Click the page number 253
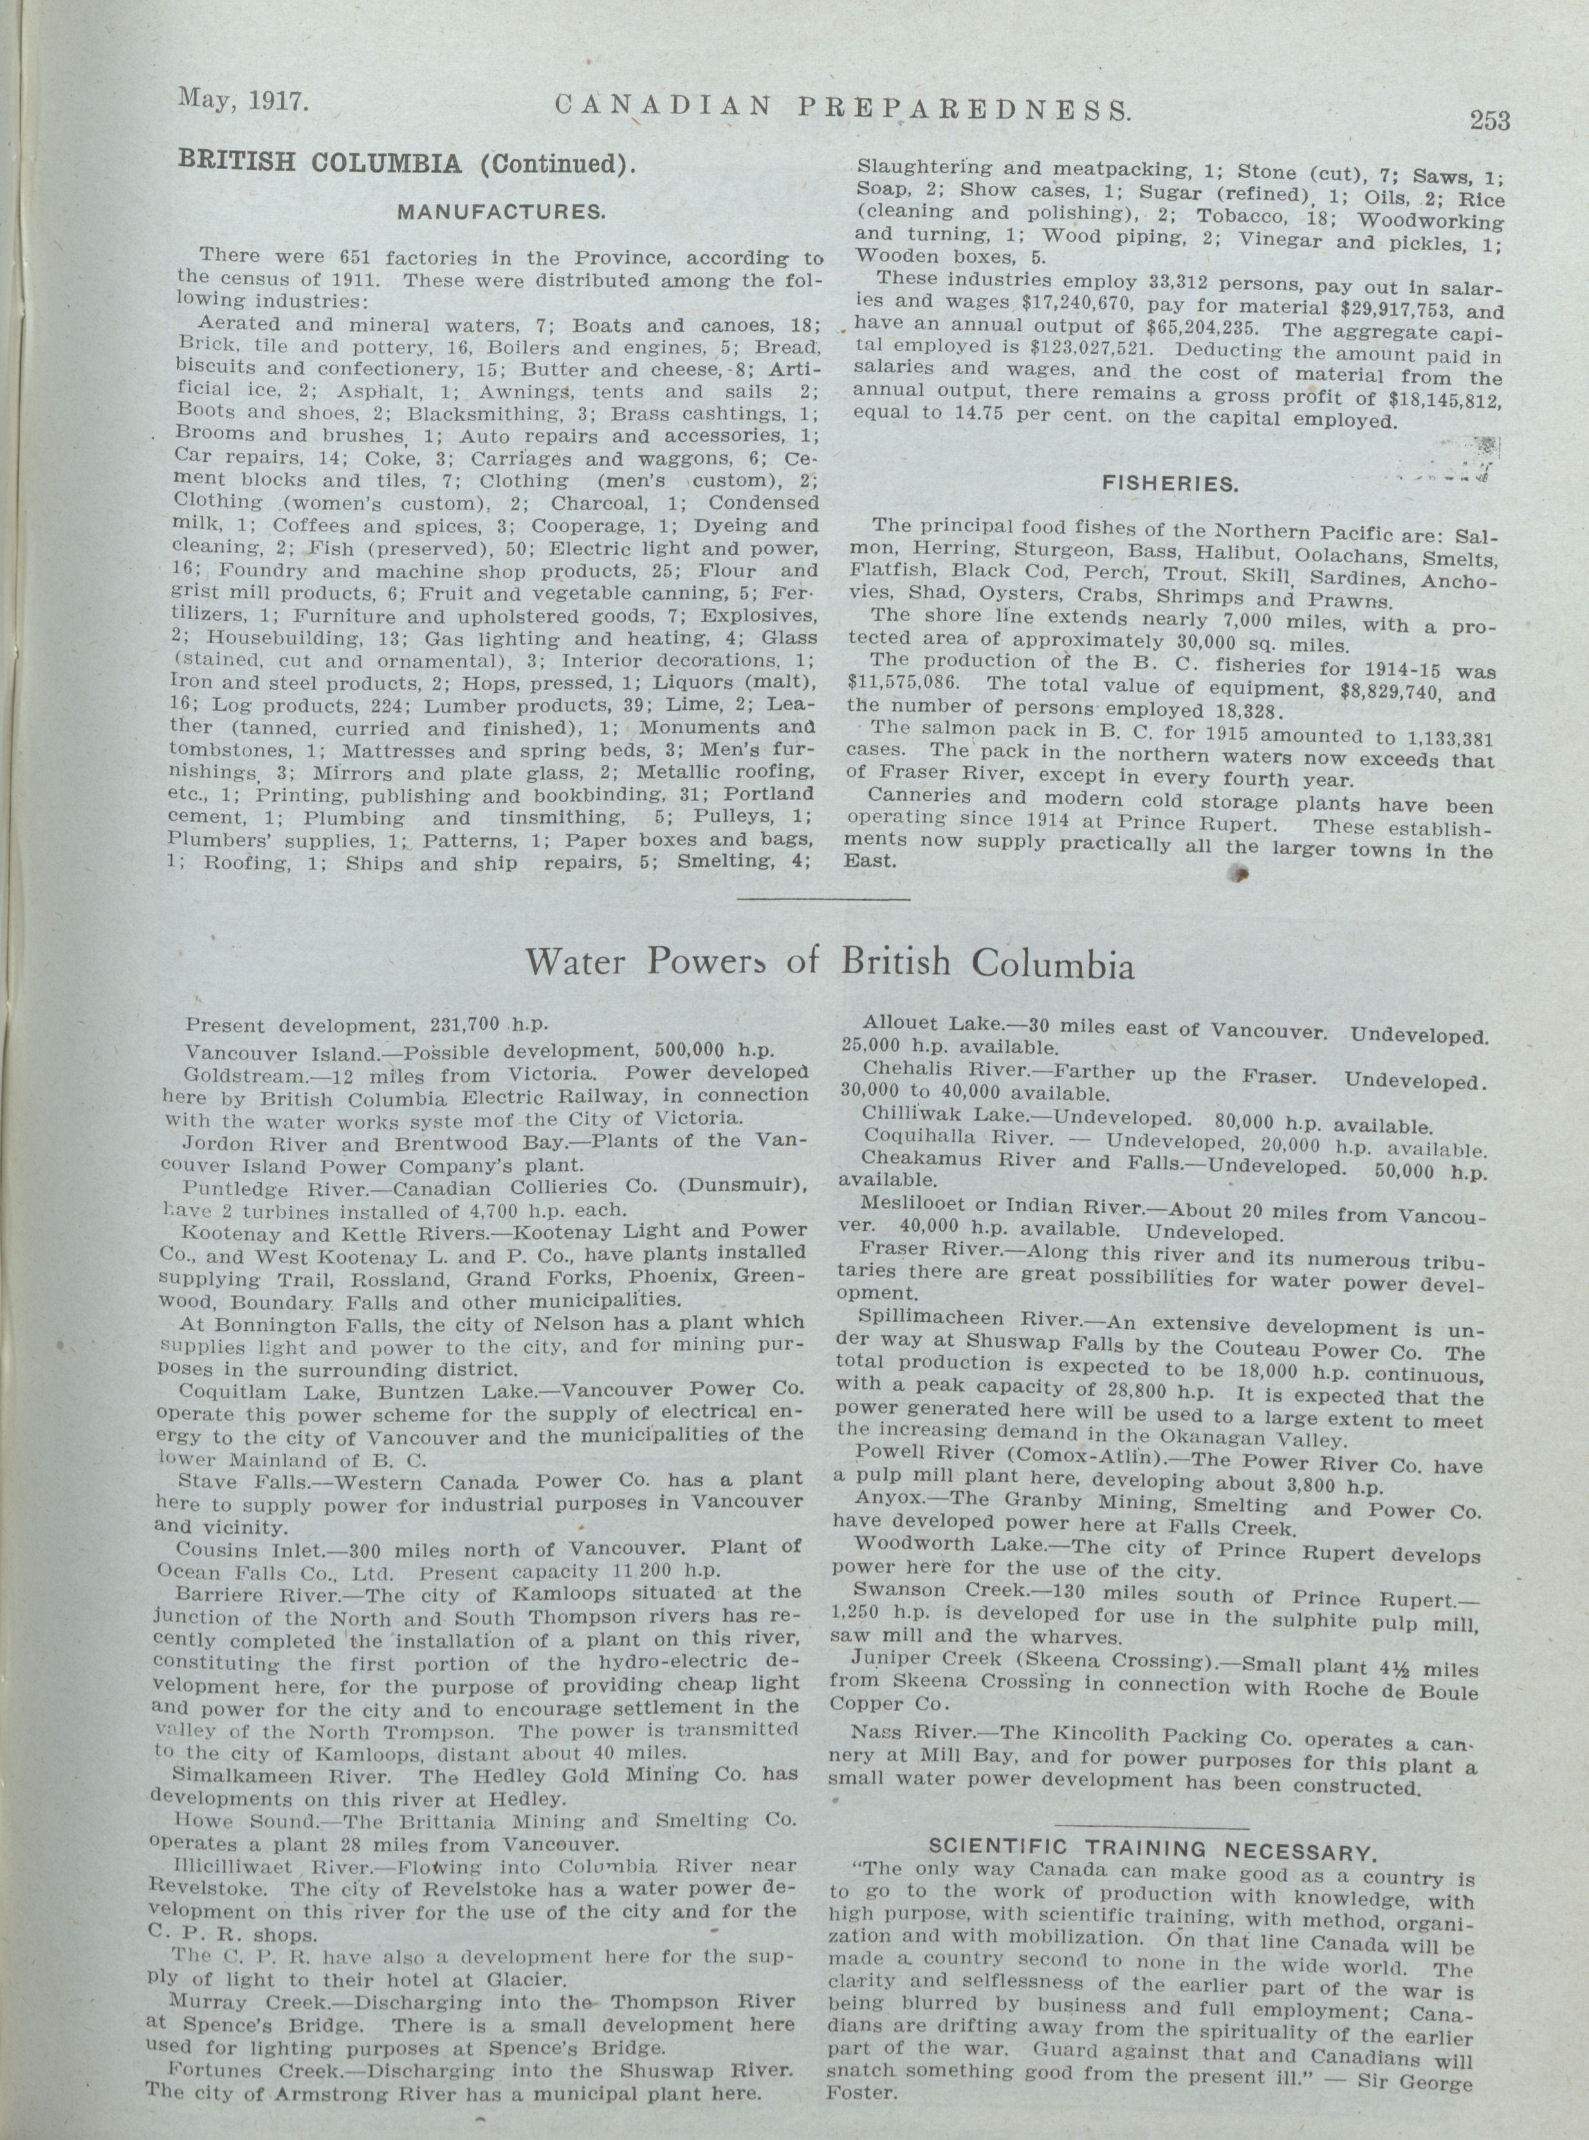1489,120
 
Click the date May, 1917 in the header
243,99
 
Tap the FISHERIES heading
1169,484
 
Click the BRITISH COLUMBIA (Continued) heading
407,161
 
